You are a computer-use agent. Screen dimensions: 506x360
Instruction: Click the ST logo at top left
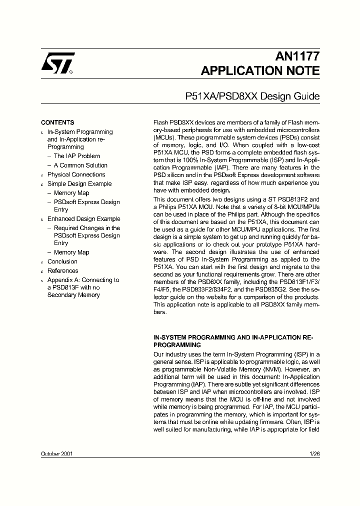(x=57, y=63)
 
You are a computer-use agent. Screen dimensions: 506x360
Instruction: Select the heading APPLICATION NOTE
(x=260, y=70)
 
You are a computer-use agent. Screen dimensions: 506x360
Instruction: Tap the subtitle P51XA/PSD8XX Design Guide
(x=252, y=96)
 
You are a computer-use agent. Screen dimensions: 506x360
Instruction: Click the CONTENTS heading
(x=57, y=122)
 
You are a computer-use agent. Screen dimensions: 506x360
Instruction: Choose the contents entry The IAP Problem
(x=76, y=156)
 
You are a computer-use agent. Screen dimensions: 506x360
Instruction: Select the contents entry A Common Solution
(x=80, y=165)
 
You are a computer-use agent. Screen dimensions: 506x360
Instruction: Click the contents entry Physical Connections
(x=76, y=174)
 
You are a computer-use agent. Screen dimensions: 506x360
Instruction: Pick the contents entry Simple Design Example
(x=79, y=184)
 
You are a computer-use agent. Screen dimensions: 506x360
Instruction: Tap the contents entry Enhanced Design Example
(x=83, y=219)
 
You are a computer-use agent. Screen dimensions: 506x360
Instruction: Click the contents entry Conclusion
(x=62, y=261)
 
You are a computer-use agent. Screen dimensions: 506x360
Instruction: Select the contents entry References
(x=62, y=271)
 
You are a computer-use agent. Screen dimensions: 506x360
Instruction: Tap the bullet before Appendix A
(x=42, y=281)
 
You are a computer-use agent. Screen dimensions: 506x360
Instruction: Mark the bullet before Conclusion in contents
(x=42, y=262)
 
